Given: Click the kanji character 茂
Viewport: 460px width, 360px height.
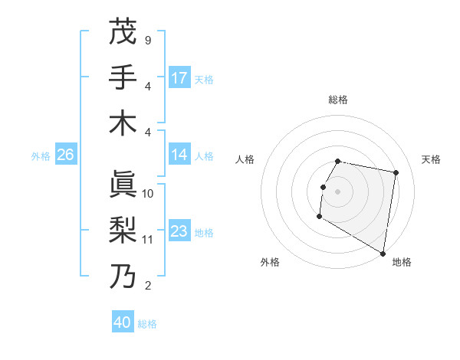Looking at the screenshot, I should [123, 31].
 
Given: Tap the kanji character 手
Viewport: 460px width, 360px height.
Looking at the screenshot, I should [123, 77].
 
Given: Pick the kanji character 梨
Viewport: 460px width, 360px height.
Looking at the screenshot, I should [123, 230].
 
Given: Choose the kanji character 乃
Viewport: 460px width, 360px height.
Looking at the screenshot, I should [123, 276].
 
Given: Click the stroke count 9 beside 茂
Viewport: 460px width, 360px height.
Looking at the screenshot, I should [147, 40].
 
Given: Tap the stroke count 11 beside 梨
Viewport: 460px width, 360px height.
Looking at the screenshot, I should [148, 240].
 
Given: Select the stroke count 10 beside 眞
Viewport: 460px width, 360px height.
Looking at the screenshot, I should [148, 194].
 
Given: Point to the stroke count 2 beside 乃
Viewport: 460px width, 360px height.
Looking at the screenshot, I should [147, 286].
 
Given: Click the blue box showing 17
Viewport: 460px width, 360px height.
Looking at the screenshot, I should [179, 78].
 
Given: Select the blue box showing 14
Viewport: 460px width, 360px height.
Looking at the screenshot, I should [179, 155].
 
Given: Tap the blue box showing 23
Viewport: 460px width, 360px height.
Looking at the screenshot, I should [179, 231].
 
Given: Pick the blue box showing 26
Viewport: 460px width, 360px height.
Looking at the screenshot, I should [65, 155].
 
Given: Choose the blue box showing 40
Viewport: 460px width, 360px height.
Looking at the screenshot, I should [123, 322].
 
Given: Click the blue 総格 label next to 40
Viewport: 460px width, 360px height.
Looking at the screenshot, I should [148, 324].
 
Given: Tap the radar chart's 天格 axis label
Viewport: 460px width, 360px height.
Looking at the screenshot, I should [431, 159].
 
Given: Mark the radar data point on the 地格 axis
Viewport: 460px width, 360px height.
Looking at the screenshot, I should [383, 254].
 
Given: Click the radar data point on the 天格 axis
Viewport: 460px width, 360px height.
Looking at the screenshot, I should [396, 173].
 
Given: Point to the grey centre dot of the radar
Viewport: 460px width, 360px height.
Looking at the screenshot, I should [337, 191].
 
